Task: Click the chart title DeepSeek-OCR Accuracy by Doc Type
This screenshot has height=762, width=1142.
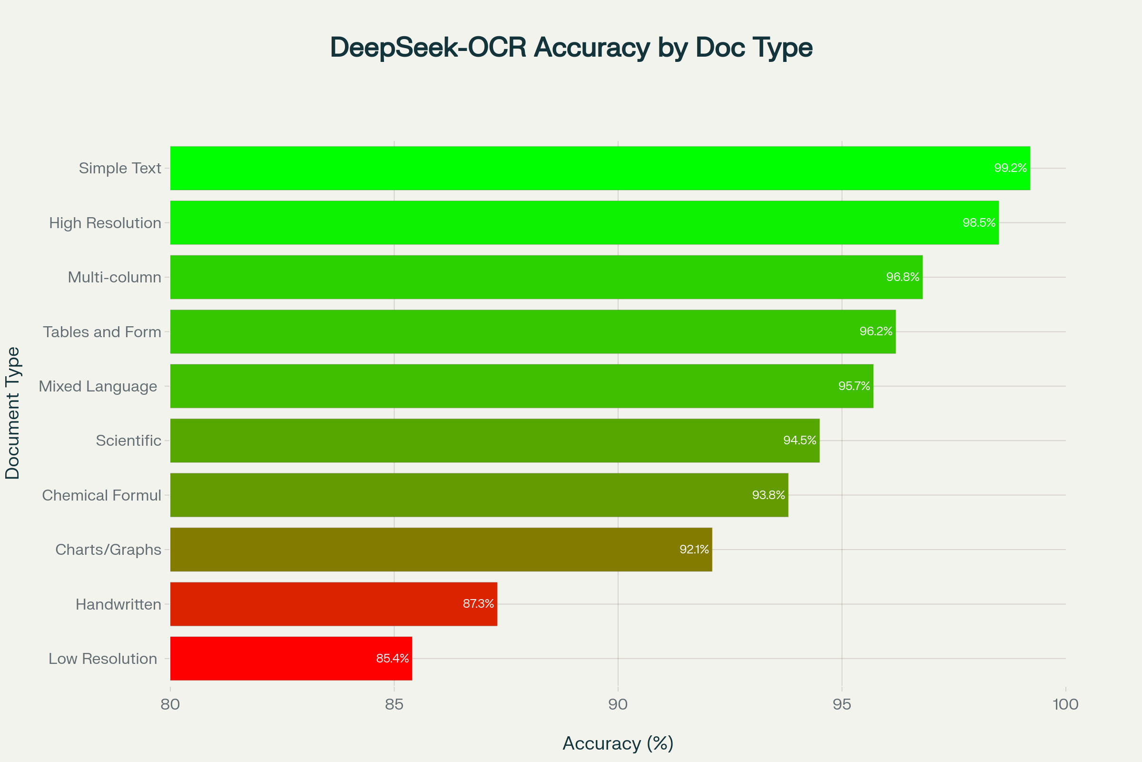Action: pos(571,48)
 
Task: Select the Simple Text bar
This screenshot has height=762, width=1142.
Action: pos(600,168)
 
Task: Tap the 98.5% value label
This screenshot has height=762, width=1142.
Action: pos(979,222)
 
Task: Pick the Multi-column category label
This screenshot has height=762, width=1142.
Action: pos(114,277)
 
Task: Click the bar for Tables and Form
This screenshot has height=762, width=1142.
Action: pos(532,331)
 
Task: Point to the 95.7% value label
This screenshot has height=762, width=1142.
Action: pos(854,386)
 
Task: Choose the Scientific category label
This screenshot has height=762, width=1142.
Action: pos(128,440)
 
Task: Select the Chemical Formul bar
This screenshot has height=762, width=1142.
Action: pos(479,495)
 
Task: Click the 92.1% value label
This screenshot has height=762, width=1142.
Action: pos(694,549)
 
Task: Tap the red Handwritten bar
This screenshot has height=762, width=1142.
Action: pos(334,603)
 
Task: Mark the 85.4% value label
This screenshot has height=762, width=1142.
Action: pos(392,658)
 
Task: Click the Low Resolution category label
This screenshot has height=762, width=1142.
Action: pos(102,659)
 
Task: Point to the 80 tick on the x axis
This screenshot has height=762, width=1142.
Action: pos(170,704)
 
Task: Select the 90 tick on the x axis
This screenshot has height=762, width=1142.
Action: pos(618,704)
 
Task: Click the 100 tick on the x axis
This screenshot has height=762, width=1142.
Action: pos(1065,704)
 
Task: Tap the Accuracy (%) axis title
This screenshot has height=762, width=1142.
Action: pos(618,743)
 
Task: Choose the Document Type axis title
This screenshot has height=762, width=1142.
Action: pos(12,413)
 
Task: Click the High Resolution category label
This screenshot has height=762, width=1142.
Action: pos(105,222)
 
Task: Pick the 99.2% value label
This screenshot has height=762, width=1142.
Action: pos(1010,168)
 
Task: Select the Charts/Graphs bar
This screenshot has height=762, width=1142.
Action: pos(441,549)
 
